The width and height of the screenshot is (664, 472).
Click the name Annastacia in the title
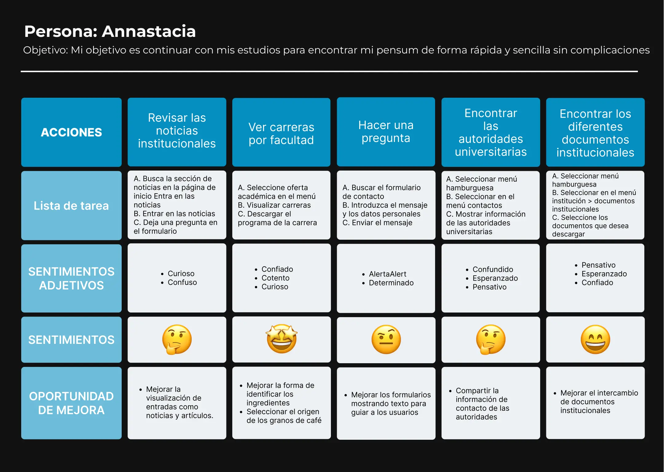click(x=149, y=31)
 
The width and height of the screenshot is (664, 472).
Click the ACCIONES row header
click(x=71, y=132)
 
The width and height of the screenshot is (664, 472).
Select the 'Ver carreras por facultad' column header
click(x=281, y=133)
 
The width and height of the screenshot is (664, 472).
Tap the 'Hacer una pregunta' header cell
click(x=386, y=132)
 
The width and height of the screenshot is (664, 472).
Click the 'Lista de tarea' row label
click(x=71, y=206)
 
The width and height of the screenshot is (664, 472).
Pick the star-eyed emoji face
click(x=282, y=339)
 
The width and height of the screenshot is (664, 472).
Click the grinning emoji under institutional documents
click(x=595, y=339)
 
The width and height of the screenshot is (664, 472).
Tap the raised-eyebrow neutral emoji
click(x=386, y=339)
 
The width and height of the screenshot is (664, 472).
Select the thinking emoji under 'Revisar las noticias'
click(x=177, y=339)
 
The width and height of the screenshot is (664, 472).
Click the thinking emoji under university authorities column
click(x=490, y=339)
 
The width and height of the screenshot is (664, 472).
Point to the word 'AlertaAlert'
click(x=387, y=274)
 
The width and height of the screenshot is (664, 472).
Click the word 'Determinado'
click(x=391, y=283)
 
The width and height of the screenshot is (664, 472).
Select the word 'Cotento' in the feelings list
click(x=275, y=278)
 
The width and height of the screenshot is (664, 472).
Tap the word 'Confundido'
click(x=493, y=269)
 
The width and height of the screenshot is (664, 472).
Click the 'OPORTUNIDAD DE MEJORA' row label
click(x=71, y=403)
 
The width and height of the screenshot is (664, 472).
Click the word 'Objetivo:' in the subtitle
click(x=45, y=50)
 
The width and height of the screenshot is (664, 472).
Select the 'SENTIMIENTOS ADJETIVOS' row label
click(x=71, y=278)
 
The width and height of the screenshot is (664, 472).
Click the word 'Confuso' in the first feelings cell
click(x=182, y=282)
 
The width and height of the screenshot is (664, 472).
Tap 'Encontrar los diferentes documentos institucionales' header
click(x=595, y=133)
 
